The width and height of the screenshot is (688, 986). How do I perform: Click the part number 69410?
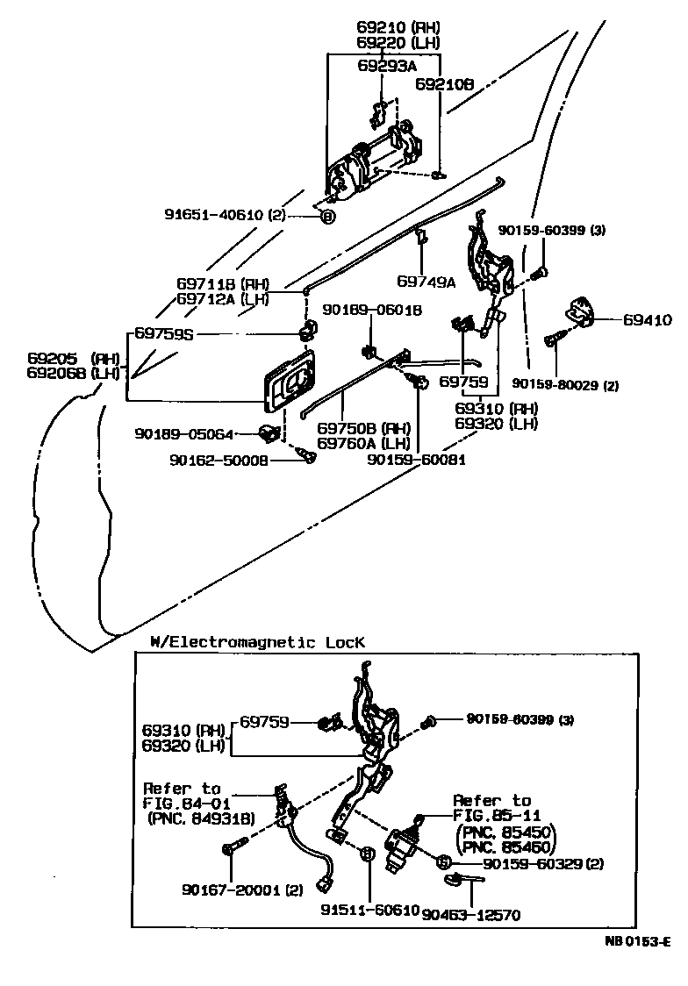click(648, 320)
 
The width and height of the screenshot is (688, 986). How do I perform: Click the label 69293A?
click(387, 65)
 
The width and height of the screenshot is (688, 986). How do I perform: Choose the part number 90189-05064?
click(184, 432)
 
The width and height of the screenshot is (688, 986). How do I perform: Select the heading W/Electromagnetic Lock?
click(257, 642)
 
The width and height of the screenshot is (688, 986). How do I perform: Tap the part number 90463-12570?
click(471, 915)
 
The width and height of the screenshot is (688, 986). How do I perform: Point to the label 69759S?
click(164, 333)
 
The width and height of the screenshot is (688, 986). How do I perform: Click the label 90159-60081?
click(416, 459)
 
